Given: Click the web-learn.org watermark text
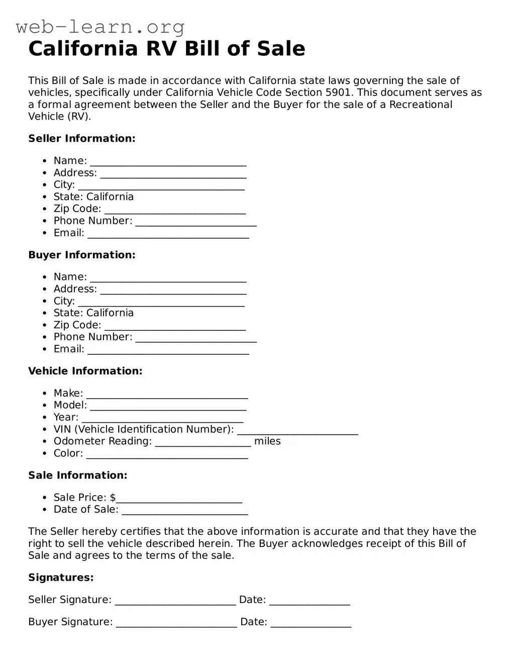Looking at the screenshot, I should (100, 26).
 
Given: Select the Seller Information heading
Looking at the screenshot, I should (82, 139).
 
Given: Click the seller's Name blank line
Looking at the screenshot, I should (168, 162).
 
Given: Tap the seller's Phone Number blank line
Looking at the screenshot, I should (196, 222).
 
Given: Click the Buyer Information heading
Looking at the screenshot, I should (82, 255).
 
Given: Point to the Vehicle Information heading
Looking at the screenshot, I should (85, 371).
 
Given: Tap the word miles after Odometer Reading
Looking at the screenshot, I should (267, 441).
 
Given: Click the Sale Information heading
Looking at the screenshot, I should (78, 475).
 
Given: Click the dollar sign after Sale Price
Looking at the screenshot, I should (113, 498).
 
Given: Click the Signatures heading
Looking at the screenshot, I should (61, 578).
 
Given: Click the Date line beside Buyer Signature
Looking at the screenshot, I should (311, 623).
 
